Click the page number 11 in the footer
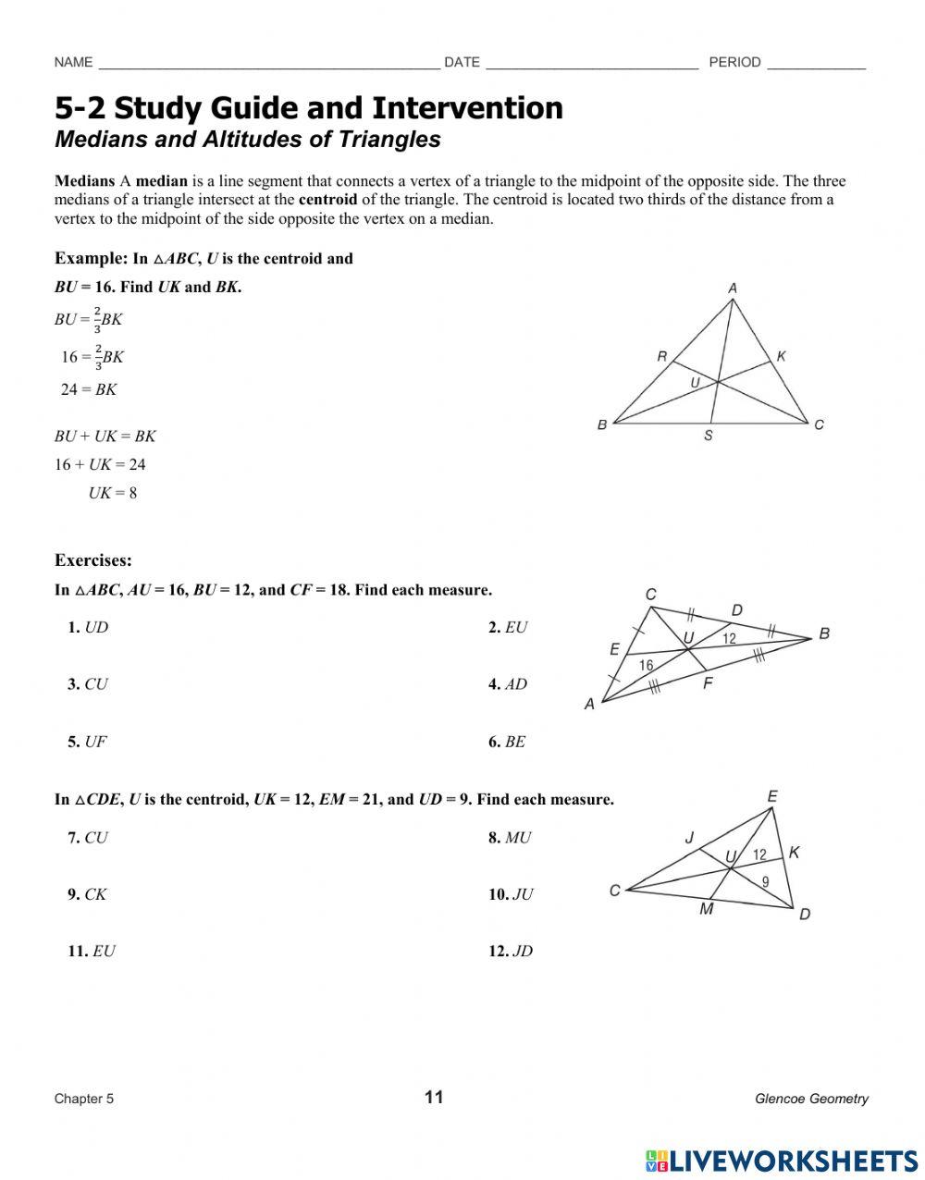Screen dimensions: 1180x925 click(434, 1098)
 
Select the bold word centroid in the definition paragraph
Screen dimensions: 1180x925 click(327, 199)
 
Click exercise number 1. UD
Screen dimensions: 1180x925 click(88, 627)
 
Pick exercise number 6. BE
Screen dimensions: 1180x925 click(507, 742)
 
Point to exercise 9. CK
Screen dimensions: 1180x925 click(87, 894)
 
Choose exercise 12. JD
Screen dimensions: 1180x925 click(511, 951)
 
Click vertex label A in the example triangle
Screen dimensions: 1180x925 click(733, 289)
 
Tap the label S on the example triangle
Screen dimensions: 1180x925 click(709, 436)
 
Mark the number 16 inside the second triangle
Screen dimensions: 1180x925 click(646, 665)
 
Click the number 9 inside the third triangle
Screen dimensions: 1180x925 click(765, 882)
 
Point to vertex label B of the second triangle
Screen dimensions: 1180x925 click(824, 633)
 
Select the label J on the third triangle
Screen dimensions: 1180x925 click(689, 838)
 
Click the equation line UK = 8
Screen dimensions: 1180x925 click(113, 493)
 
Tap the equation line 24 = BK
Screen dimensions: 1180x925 click(89, 389)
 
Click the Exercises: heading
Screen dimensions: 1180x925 click(93, 559)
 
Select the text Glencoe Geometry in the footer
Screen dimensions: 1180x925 click(811, 1099)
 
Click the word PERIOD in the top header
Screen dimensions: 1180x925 click(734, 62)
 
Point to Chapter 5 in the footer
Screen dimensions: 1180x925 click(84, 1099)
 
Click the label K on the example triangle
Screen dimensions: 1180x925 click(781, 355)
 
